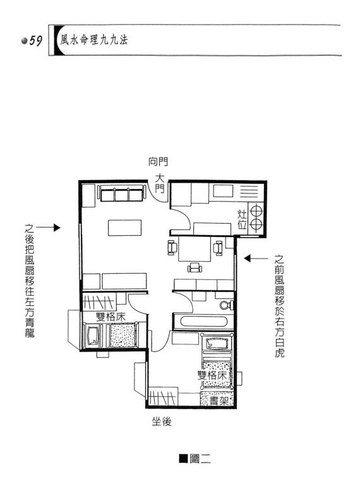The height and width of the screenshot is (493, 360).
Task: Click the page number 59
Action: [35, 41]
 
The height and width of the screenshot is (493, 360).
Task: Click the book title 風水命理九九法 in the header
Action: [94, 40]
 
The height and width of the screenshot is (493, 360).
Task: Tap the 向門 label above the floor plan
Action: [159, 162]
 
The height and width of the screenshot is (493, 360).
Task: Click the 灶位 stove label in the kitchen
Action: [242, 219]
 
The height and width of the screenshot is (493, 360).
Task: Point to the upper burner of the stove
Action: [256, 210]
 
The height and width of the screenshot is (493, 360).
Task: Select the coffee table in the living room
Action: [124, 228]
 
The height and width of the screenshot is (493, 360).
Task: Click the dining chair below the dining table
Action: [195, 267]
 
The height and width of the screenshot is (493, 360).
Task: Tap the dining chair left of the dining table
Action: [172, 247]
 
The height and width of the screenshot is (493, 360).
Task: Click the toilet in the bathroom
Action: [227, 305]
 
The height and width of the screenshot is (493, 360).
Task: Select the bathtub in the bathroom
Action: [203, 321]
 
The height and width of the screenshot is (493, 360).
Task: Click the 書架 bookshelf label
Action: [219, 401]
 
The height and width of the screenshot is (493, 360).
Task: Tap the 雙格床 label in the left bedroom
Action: [111, 317]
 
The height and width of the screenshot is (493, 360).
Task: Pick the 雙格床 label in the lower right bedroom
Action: [212, 375]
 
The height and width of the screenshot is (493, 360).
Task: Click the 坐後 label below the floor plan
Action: [162, 422]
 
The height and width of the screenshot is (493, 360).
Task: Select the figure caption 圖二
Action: [195, 459]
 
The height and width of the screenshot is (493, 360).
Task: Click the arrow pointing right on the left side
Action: [48, 228]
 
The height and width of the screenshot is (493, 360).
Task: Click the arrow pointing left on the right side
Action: [256, 259]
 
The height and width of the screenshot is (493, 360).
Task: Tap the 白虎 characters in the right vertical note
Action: [280, 348]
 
